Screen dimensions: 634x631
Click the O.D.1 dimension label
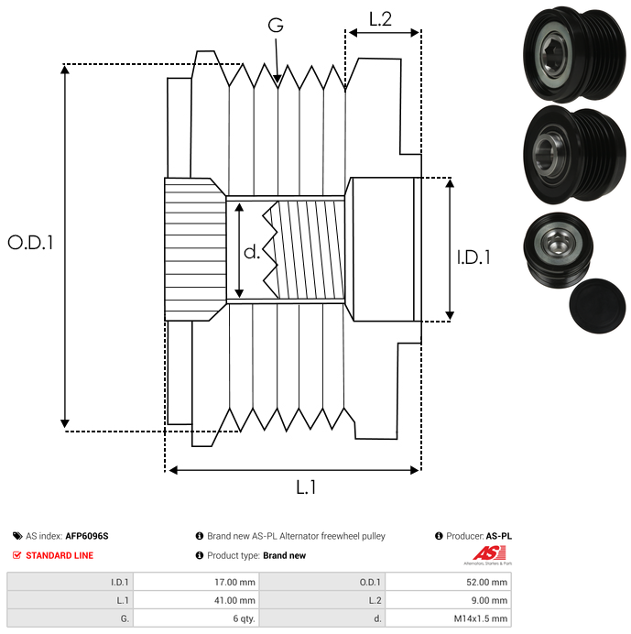[31, 243]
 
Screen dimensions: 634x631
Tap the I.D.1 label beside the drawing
[473, 258]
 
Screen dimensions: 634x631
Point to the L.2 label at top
[380, 18]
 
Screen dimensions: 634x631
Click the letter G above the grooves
[275, 26]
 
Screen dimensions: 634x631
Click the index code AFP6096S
[86, 536]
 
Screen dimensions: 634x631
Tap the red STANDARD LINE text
[60, 555]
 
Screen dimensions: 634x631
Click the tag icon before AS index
[17, 536]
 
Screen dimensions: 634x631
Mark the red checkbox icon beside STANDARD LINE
[17, 555]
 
